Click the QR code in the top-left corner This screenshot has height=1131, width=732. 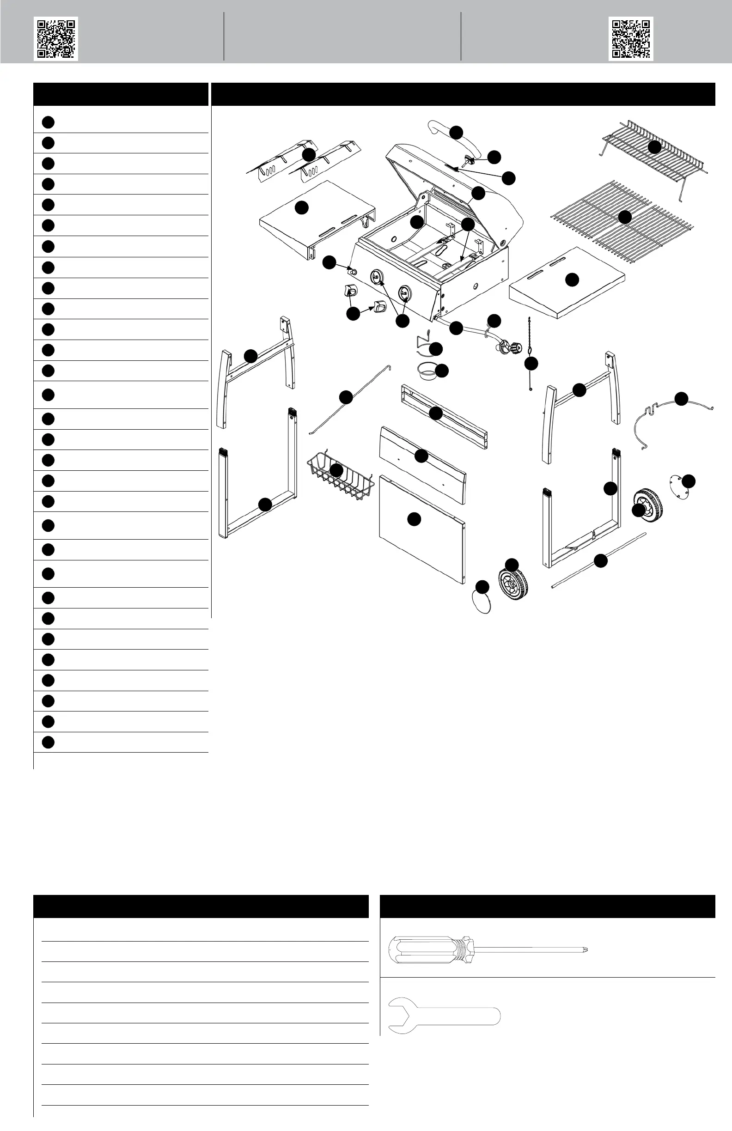coord(55,38)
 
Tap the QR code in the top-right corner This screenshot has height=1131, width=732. coord(630,38)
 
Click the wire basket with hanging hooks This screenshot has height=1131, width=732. coord(338,478)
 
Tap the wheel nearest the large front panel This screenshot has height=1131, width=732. coord(513,583)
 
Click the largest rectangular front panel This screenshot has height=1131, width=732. coord(421,528)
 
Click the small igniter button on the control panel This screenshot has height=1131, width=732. coord(353,271)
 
